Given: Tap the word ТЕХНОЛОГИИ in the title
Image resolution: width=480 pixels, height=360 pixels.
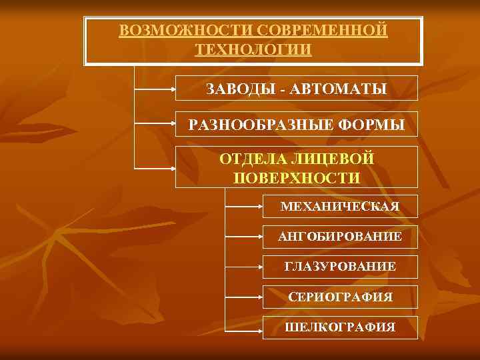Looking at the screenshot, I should point(253,50).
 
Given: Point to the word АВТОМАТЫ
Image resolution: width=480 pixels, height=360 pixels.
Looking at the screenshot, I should point(340,89).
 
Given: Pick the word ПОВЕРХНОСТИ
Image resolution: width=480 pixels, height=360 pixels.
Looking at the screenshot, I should point(297,177).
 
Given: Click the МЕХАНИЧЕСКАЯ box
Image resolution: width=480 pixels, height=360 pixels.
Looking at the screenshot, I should point(340,206).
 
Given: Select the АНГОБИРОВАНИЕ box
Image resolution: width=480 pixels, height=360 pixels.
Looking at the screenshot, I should point(340,236).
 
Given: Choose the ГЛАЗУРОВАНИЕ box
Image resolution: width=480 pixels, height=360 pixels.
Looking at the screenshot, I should point(340,267).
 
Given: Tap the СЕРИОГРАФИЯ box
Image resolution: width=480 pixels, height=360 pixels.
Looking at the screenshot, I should point(340,297).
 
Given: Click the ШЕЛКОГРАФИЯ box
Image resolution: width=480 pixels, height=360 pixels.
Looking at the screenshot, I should point(340,327).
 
